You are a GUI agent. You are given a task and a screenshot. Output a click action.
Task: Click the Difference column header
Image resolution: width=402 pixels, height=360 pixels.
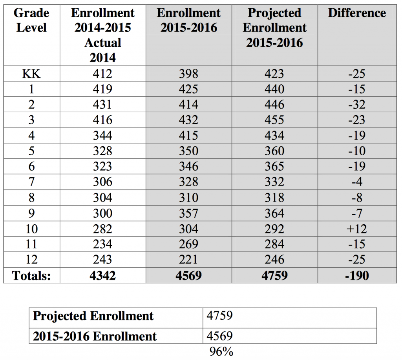(357, 13)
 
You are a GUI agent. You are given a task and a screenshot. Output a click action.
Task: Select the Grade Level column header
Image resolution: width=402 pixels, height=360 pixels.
(31, 20)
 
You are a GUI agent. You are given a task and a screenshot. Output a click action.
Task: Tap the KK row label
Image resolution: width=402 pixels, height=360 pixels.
(31, 73)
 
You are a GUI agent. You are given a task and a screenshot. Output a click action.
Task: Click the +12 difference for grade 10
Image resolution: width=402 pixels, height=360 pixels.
(357, 229)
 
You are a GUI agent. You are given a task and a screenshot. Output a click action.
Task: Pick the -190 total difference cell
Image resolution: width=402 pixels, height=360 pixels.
(357, 275)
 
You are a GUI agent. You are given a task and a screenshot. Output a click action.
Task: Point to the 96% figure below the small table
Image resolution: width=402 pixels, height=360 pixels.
(221, 352)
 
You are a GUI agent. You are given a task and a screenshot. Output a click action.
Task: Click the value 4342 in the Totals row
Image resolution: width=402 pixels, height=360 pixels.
(102, 275)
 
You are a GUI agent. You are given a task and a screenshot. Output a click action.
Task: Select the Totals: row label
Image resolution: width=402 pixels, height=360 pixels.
(31, 275)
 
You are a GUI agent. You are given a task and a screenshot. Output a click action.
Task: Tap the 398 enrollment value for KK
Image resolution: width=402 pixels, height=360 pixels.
(188, 73)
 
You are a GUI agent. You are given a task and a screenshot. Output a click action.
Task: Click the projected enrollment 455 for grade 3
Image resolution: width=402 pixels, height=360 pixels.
(274, 120)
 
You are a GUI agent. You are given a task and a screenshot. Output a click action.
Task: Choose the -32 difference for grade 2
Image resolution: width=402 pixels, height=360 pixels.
(357, 104)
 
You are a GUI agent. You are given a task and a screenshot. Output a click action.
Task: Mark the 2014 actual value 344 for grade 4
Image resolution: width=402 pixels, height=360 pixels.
(102, 136)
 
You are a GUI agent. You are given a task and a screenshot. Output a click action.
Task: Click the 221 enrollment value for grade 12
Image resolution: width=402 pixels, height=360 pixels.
(188, 260)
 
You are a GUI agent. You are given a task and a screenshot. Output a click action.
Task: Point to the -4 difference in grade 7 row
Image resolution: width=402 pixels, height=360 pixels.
(357, 182)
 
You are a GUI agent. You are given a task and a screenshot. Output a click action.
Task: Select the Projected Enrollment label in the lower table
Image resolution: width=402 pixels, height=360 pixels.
(93, 316)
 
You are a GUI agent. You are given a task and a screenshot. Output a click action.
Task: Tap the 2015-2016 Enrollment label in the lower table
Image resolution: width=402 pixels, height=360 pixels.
(95, 336)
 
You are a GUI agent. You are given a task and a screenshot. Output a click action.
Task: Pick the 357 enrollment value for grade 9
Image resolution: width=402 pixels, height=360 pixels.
(188, 213)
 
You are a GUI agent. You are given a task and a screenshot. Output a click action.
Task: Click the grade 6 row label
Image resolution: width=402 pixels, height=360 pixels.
(31, 167)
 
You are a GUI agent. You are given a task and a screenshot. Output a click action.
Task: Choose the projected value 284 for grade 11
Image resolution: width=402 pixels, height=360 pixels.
(274, 244)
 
